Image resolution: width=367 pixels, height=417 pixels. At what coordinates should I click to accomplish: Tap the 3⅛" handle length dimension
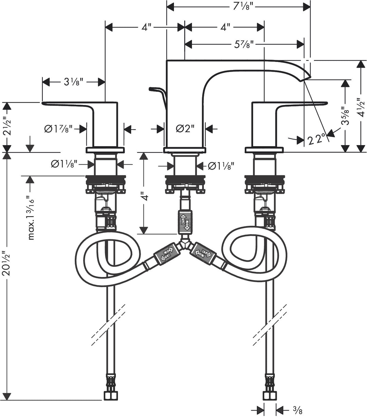point(73,82)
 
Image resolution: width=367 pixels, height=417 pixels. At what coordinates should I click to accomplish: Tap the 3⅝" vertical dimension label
point(346,116)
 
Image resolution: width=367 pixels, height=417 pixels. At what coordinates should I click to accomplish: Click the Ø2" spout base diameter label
point(185,129)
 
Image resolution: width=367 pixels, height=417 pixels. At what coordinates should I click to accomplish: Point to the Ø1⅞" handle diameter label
point(58,129)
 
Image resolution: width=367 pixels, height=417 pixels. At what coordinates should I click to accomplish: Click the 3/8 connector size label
point(298,411)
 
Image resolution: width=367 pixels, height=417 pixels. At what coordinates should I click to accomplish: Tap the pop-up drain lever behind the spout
point(156,90)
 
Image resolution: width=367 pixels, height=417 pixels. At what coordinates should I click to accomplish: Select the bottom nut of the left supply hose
point(110,395)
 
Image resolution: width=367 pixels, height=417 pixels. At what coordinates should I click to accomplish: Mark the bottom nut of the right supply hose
point(270,395)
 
